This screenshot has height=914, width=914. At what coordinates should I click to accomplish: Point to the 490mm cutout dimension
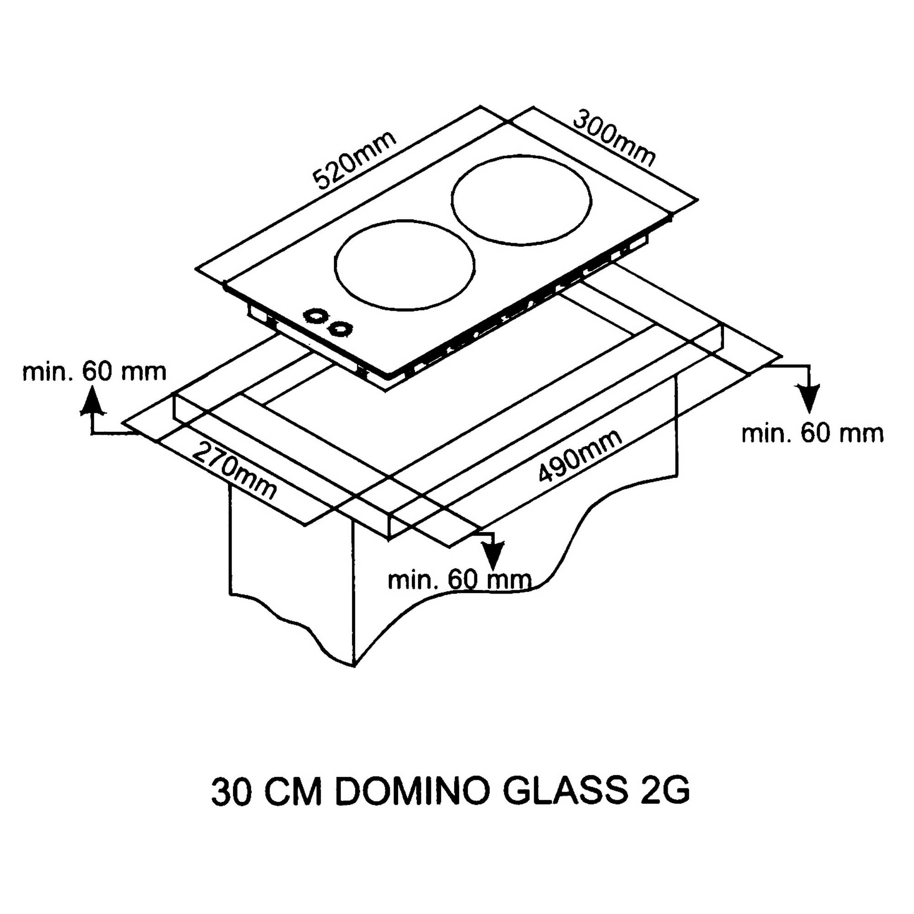click(x=580, y=457)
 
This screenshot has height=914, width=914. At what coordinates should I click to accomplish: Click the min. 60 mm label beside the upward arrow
click(x=95, y=372)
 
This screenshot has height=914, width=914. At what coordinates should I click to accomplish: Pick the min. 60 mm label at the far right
click(x=812, y=433)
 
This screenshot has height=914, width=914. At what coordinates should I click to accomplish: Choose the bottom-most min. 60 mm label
click(x=459, y=580)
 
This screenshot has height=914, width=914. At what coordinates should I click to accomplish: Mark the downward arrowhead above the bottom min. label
click(x=493, y=554)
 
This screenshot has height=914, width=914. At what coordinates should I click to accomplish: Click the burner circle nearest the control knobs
click(x=404, y=265)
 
